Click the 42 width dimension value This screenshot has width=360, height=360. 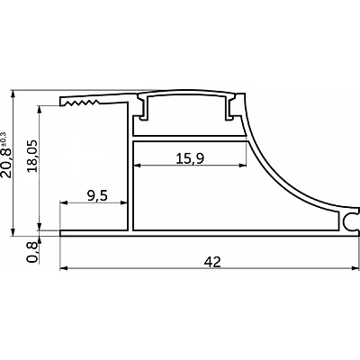(x=212, y=262)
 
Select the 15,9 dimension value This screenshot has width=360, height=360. (x=190, y=158)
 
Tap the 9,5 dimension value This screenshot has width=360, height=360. (x=97, y=196)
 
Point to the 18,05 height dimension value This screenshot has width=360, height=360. (x=32, y=156)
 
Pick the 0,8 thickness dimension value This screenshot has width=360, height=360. (x=32, y=252)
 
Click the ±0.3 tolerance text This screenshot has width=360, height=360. (x=4, y=139)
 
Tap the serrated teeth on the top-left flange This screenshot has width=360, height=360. (x=80, y=103)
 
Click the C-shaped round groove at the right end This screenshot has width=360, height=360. (x=350, y=221)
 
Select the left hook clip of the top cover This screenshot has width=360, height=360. (x=143, y=108)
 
